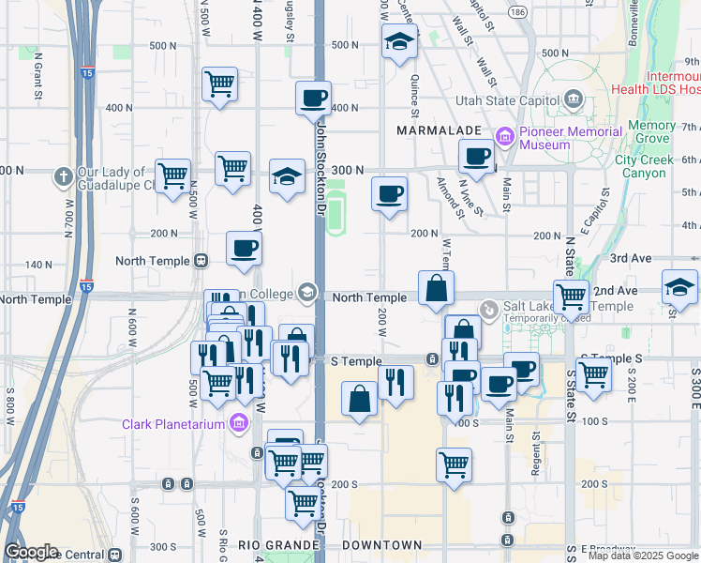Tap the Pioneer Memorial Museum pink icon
[506, 138]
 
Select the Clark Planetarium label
[175, 424]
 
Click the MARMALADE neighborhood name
[439, 129]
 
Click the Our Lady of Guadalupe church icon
[63, 175]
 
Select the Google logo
[31, 552]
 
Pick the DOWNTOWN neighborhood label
[381, 545]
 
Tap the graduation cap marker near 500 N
[399, 42]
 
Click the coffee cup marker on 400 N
[314, 99]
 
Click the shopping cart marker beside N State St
[571, 297]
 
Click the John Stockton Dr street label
[321, 160]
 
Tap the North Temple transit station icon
[200, 261]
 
